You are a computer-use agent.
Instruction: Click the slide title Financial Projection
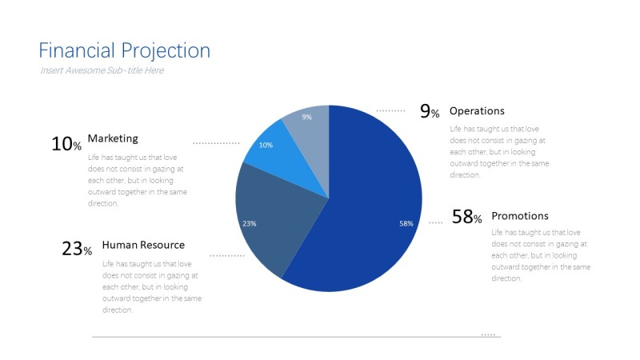tap(124, 51)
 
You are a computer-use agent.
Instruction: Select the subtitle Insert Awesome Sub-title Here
tap(102, 70)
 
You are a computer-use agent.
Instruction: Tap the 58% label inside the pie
tap(406, 223)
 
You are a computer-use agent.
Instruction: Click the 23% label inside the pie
tap(249, 223)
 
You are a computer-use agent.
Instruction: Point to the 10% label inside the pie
tap(266, 145)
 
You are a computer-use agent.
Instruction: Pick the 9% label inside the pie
tap(306, 117)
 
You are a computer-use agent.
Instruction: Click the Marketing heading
tap(113, 138)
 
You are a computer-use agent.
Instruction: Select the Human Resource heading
tap(143, 245)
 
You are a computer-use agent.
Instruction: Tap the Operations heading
tap(477, 111)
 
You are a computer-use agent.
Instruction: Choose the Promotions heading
tap(520, 216)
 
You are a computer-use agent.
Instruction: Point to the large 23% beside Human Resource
tap(77, 249)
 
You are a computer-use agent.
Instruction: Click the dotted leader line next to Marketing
tap(216, 143)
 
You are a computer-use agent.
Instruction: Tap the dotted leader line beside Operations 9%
tap(390, 110)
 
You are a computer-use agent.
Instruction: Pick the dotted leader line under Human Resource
tap(227, 256)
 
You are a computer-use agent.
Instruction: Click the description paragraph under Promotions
tap(540, 255)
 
